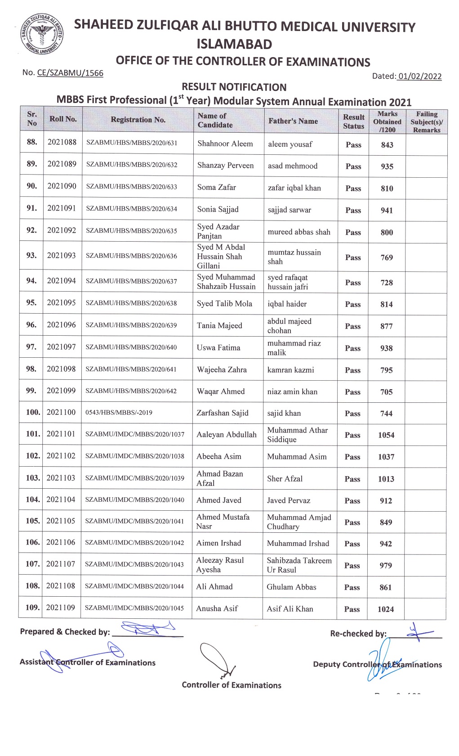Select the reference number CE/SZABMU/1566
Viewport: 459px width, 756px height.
click(x=70, y=73)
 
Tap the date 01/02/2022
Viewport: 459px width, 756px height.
click(x=419, y=76)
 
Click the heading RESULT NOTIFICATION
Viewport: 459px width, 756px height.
click(x=234, y=87)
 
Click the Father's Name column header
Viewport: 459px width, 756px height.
click(x=293, y=121)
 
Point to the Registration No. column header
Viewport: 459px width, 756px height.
click(x=138, y=120)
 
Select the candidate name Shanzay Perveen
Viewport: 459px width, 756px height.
click(x=225, y=166)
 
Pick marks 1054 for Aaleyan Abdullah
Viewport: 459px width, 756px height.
click(x=386, y=435)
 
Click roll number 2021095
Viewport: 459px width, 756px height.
click(x=62, y=303)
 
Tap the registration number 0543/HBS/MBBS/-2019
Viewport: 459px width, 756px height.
click(x=119, y=413)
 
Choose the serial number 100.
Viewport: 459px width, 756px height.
click(x=33, y=412)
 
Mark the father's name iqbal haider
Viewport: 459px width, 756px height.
click(x=287, y=304)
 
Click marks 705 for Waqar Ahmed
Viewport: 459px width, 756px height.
click(x=386, y=392)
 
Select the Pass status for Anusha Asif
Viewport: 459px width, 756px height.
click(x=352, y=609)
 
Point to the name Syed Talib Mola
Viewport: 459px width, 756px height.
click(x=224, y=304)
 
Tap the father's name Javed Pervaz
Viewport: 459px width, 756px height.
click(x=288, y=500)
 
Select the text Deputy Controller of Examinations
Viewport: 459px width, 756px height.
click(x=377, y=665)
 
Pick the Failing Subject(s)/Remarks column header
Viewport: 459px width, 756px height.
click(x=426, y=122)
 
